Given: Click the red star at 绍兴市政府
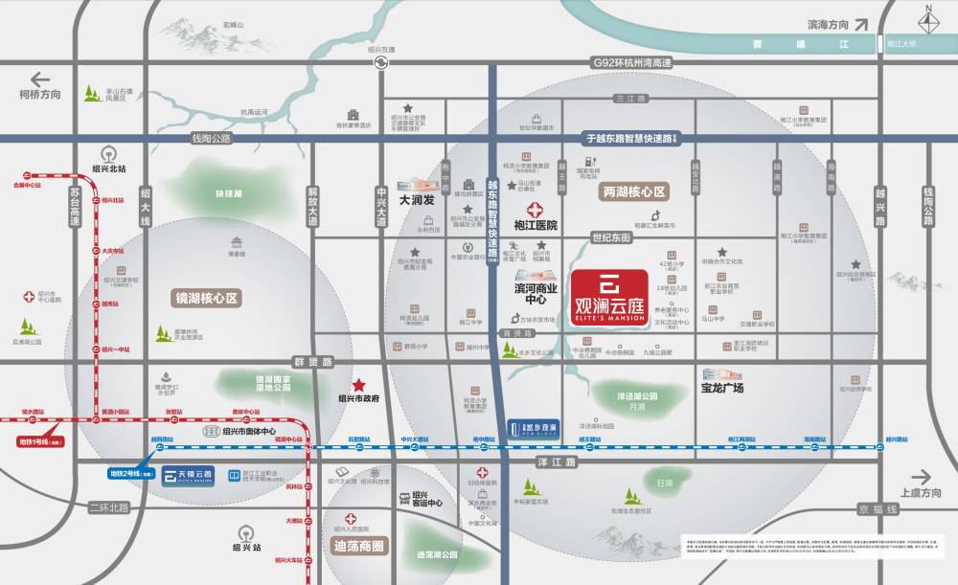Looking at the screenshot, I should coord(358,383).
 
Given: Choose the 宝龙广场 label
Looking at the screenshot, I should coord(716,389).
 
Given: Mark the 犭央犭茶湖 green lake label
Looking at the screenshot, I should coord(228,193).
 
